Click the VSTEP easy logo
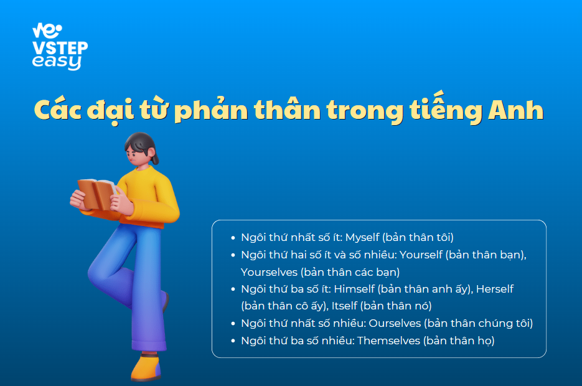(x=60, y=47)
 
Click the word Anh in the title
(x=515, y=110)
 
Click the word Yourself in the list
(x=421, y=255)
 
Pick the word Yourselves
(x=269, y=272)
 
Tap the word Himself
(x=355, y=289)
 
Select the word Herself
(x=495, y=289)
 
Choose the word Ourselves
(x=395, y=323)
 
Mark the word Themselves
(x=388, y=341)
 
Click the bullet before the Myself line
(x=233, y=238)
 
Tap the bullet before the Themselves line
(x=233, y=341)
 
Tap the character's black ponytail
(x=155, y=156)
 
